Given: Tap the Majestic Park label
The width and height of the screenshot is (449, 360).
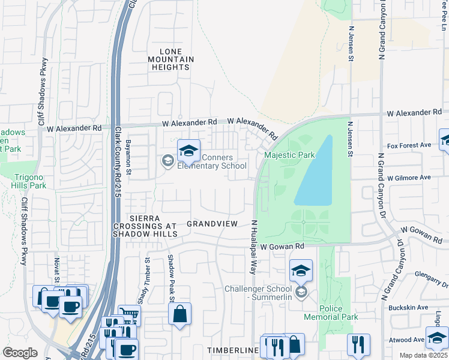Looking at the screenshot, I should click(290, 155).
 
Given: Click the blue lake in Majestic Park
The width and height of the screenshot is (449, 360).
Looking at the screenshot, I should click(315, 174).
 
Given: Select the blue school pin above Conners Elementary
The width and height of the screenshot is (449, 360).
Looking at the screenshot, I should click(188, 152).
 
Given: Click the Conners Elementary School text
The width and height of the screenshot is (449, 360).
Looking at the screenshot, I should click(211, 162).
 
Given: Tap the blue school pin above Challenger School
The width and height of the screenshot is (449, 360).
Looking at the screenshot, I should click(301, 271).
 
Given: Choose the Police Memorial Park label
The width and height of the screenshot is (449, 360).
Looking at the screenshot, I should click(339, 312).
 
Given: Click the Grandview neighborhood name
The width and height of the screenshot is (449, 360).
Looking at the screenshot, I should click(212, 223).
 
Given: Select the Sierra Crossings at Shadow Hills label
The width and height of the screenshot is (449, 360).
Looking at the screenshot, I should click(145, 226).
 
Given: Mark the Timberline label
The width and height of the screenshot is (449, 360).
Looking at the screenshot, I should click(232, 350).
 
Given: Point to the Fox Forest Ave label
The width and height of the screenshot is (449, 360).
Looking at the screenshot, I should click(409, 145).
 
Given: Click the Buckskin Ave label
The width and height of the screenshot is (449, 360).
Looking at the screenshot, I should click(409, 307).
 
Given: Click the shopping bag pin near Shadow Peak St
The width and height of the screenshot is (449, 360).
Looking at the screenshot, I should click(179, 314).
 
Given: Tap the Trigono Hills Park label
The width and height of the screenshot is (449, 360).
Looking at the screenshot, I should click(29, 181).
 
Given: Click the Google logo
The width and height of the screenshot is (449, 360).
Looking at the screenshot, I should click(20, 353).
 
